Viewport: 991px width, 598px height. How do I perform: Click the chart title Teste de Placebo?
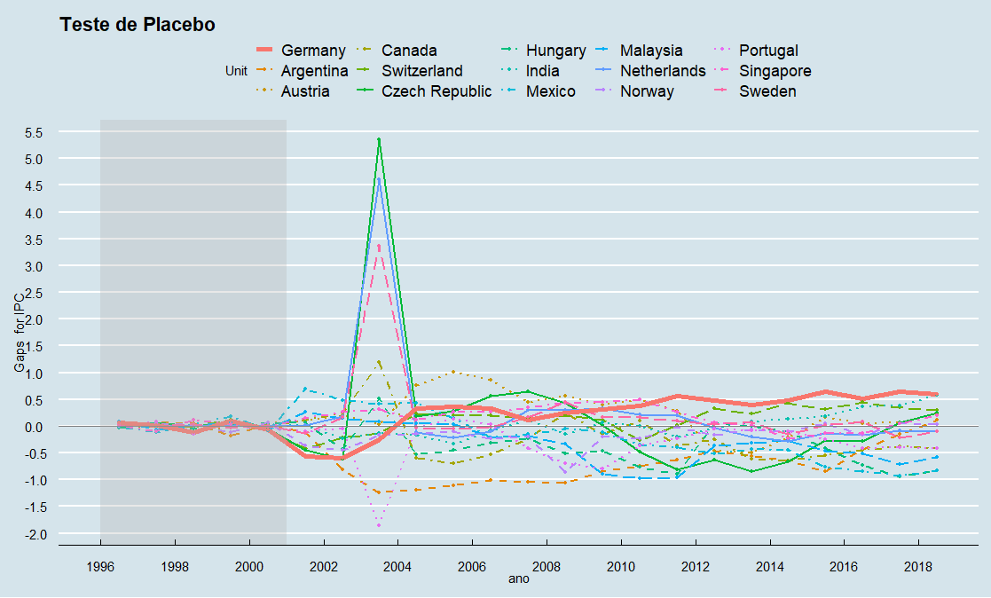[x=137, y=25]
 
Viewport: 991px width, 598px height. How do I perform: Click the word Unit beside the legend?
[x=236, y=71]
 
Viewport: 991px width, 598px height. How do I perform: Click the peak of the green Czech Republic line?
[x=379, y=139]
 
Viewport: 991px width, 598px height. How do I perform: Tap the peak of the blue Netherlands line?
[x=379, y=179]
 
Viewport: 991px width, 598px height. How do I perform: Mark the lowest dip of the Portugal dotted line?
[x=379, y=525]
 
